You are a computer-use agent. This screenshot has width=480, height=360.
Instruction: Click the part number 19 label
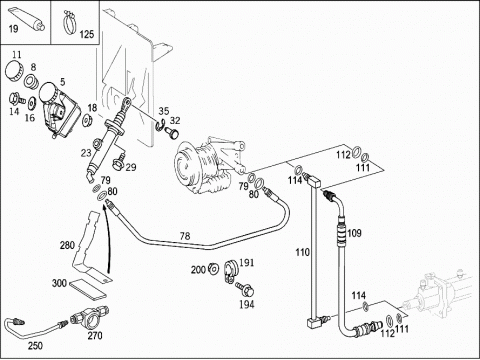point(13,29)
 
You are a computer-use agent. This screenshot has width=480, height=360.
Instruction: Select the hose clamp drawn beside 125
point(70,21)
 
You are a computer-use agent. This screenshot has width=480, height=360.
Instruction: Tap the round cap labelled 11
point(15,71)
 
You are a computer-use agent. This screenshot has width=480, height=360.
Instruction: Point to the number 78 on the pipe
point(185,236)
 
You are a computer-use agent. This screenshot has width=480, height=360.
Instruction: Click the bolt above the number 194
point(245,289)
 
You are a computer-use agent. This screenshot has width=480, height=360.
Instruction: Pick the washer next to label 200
point(213,269)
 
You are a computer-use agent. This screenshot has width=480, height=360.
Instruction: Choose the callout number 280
point(67,246)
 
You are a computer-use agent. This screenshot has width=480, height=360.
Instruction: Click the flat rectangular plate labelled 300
point(88,288)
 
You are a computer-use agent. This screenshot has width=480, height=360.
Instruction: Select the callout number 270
point(95,335)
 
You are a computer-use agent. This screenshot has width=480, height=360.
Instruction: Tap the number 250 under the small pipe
point(35,346)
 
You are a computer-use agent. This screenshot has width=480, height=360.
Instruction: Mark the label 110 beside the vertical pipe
point(303,252)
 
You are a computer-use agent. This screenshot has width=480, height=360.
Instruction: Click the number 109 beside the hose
point(354,233)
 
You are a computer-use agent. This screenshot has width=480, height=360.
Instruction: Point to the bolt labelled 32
point(173,133)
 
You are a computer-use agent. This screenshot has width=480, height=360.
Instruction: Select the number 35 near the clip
point(164,111)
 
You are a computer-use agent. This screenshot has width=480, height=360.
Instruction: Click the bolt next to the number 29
point(120,161)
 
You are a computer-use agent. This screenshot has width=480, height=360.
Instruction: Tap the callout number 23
point(86,153)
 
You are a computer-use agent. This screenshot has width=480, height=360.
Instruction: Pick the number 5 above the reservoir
point(62,82)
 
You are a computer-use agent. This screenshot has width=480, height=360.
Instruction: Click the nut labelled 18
point(87,121)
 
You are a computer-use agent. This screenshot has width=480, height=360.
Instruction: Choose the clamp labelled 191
point(230,271)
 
